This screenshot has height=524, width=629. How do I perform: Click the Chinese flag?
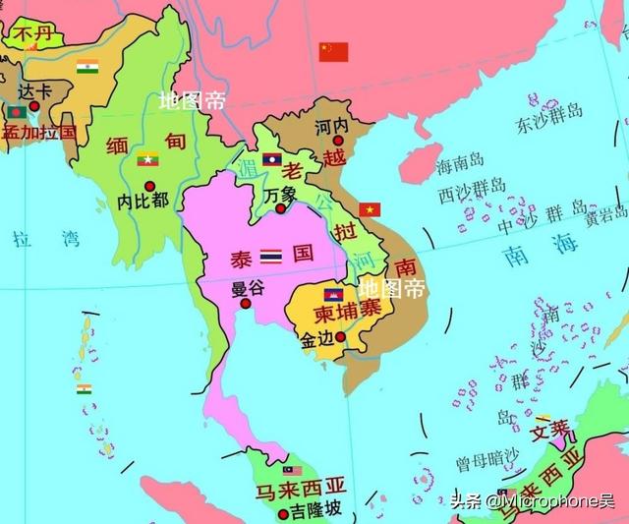click(x=334, y=51)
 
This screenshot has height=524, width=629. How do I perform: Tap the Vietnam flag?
click(x=371, y=208)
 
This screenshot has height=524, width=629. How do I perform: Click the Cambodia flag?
click(x=332, y=293)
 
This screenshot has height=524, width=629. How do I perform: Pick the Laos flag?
click(x=272, y=158)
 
